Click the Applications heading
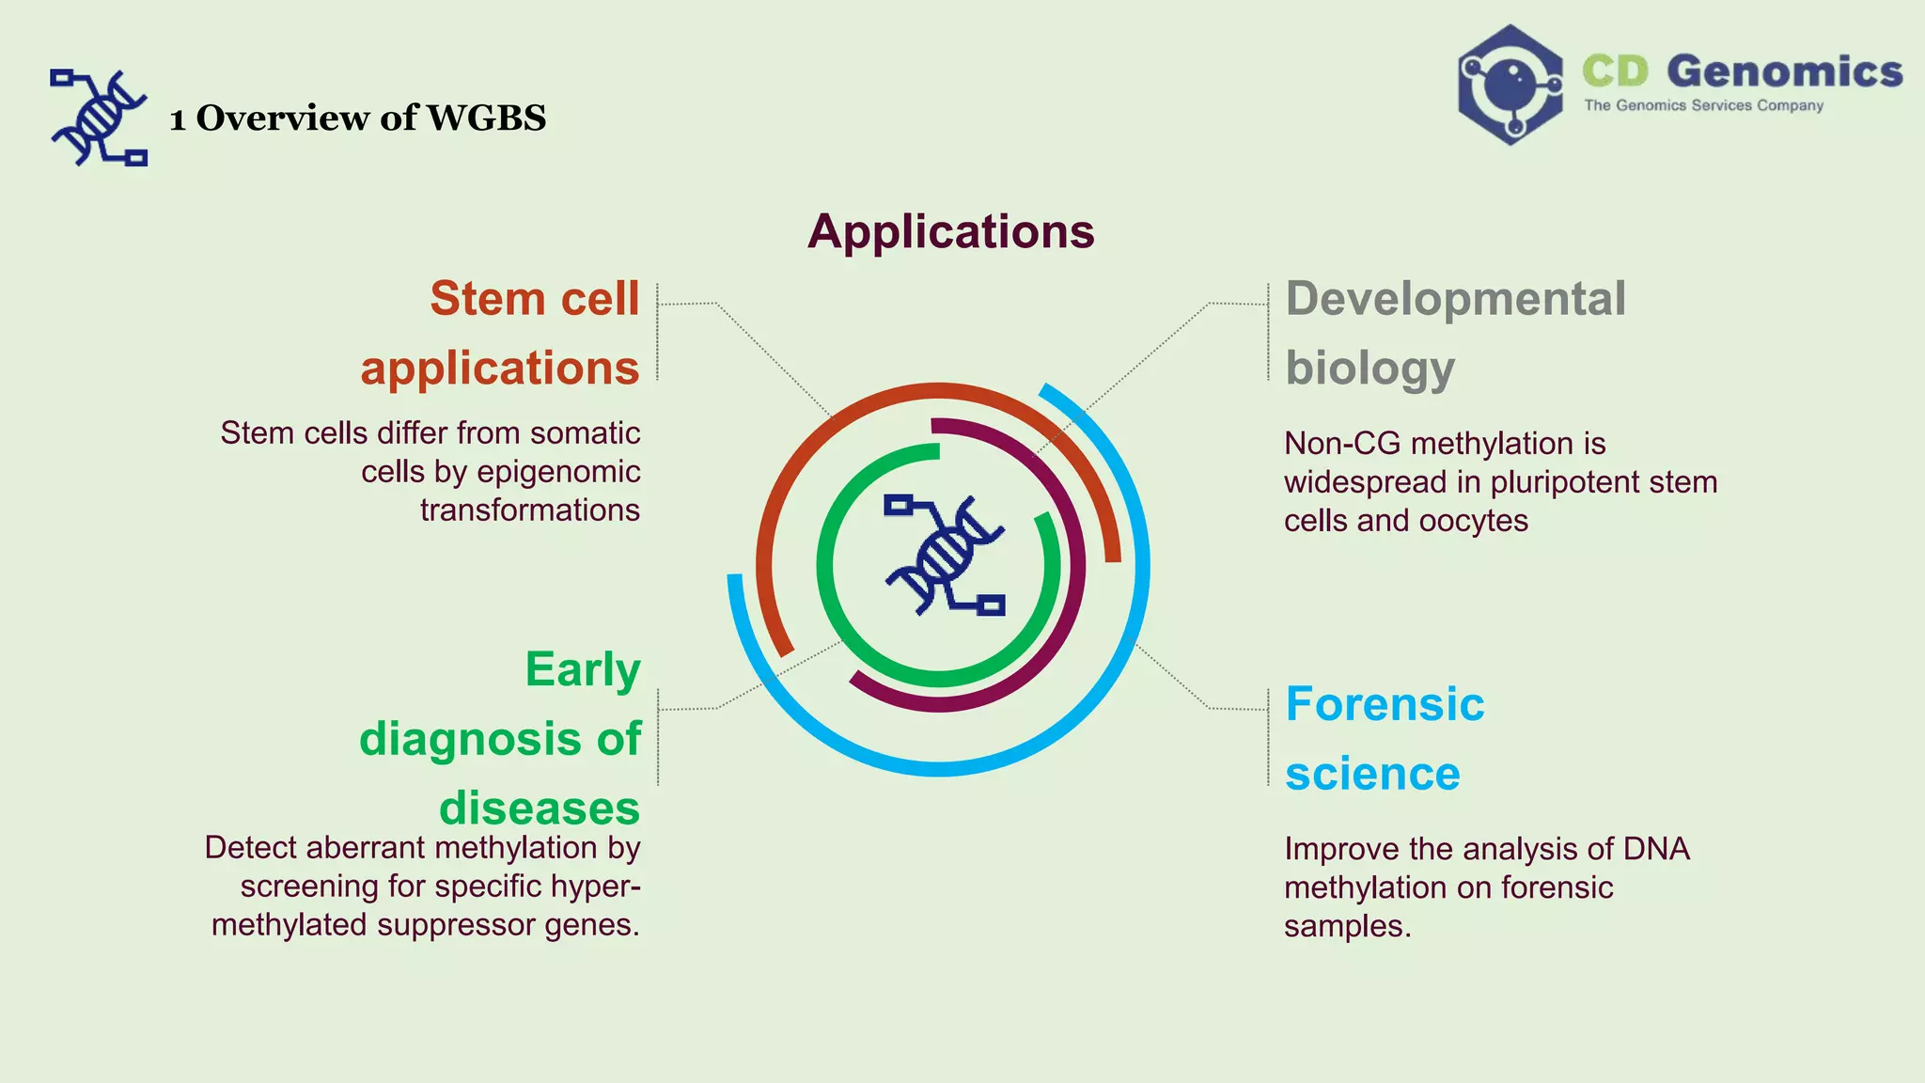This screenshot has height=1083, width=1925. point(950,231)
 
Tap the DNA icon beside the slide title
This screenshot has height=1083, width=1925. point(99,118)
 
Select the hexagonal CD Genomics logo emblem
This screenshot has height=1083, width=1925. point(1510,85)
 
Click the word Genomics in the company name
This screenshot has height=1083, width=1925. point(1784,71)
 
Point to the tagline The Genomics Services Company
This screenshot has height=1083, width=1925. point(1703,105)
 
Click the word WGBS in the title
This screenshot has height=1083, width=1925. point(486,118)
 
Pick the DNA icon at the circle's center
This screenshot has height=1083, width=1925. point(944,555)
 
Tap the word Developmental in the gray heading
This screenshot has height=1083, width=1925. point(1455,299)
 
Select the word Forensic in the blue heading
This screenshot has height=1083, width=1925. point(1385,704)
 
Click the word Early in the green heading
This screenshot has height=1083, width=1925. point(583,669)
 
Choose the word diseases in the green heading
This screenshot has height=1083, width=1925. point(540,808)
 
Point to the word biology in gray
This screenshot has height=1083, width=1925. point(1369,368)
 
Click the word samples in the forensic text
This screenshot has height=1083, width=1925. point(1347,926)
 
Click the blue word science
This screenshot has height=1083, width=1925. point(1372,774)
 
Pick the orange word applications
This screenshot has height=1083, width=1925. point(500,368)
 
